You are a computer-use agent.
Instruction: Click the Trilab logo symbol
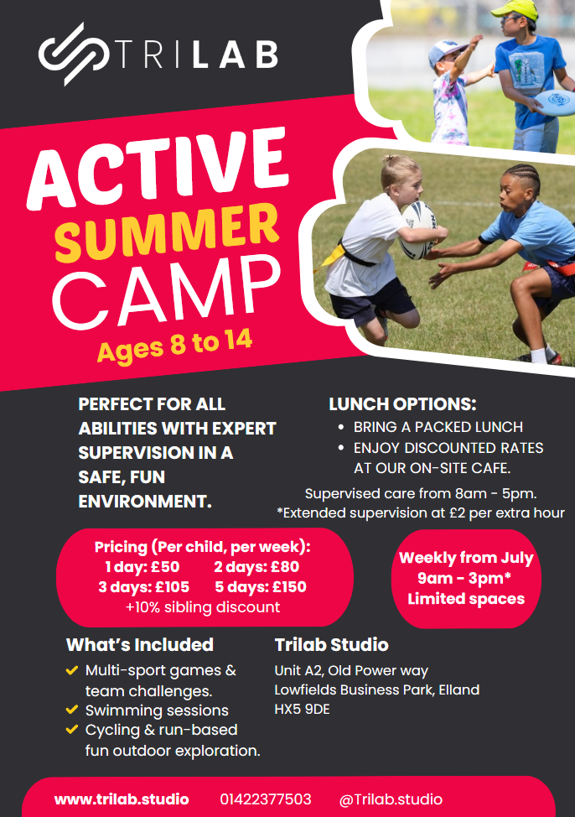74,54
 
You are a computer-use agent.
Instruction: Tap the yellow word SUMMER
167,232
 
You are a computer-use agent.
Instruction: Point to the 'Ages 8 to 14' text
174,345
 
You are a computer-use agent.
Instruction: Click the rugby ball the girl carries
418,230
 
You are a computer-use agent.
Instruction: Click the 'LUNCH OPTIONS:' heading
402,404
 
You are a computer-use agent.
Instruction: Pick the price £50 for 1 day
165,567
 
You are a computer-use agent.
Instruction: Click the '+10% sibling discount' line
203,607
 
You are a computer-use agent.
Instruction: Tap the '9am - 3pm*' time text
464,579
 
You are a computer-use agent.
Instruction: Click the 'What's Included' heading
140,645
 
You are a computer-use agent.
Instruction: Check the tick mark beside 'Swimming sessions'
72,710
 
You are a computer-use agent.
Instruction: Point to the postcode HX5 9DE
302,709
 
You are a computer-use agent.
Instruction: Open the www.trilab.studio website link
122,799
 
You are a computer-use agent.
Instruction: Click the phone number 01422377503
266,799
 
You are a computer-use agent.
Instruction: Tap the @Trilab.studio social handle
391,799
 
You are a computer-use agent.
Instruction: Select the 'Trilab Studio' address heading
331,645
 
